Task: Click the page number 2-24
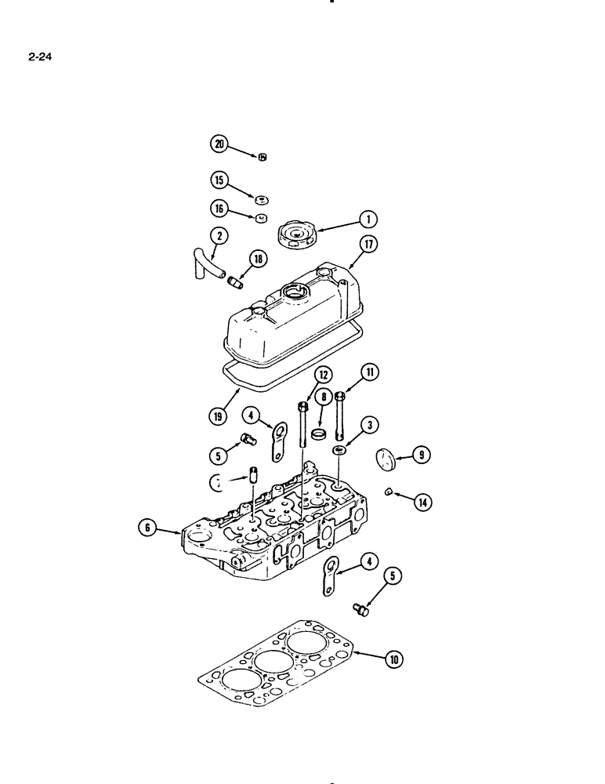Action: [x=41, y=56]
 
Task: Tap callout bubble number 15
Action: [x=219, y=181]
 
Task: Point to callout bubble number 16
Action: [x=219, y=209]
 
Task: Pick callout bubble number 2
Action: [x=219, y=235]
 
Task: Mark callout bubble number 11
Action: [x=369, y=372]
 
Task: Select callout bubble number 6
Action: [x=146, y=528]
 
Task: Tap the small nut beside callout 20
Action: [x=263, y=157]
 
